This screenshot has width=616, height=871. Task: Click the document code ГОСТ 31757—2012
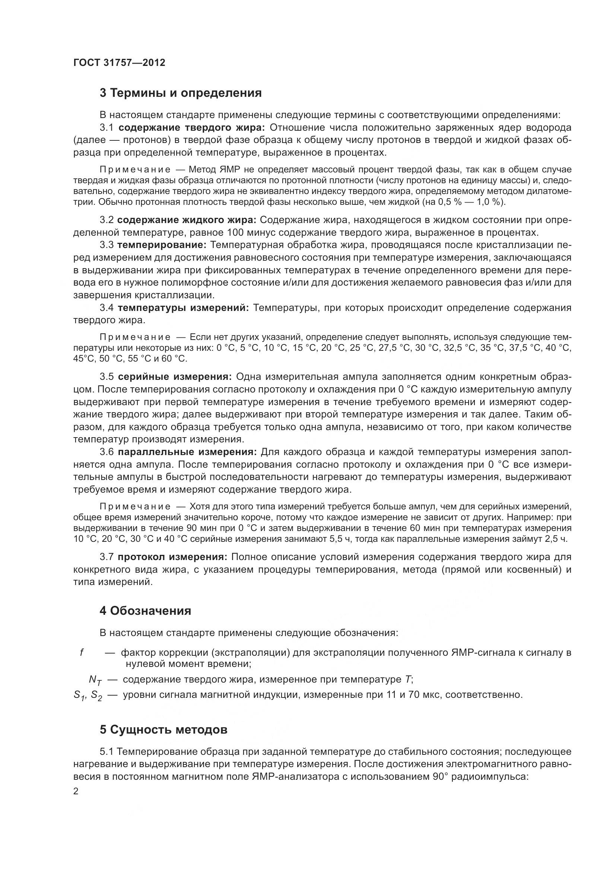tap(119, 63)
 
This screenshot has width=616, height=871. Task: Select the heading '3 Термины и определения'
tap(181, 93)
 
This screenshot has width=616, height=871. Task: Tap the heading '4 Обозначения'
tap(145, 611)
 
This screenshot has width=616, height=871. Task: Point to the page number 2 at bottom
tap(76, 792)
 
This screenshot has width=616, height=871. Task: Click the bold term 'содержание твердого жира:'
tap(191, 127)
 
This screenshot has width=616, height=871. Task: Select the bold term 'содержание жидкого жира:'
tap(187, 220)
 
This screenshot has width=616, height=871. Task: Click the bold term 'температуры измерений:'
tap(183, 308)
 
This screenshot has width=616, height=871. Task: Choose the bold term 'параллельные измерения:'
tap(187, 452)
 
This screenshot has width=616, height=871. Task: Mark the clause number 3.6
tap(107, 452)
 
